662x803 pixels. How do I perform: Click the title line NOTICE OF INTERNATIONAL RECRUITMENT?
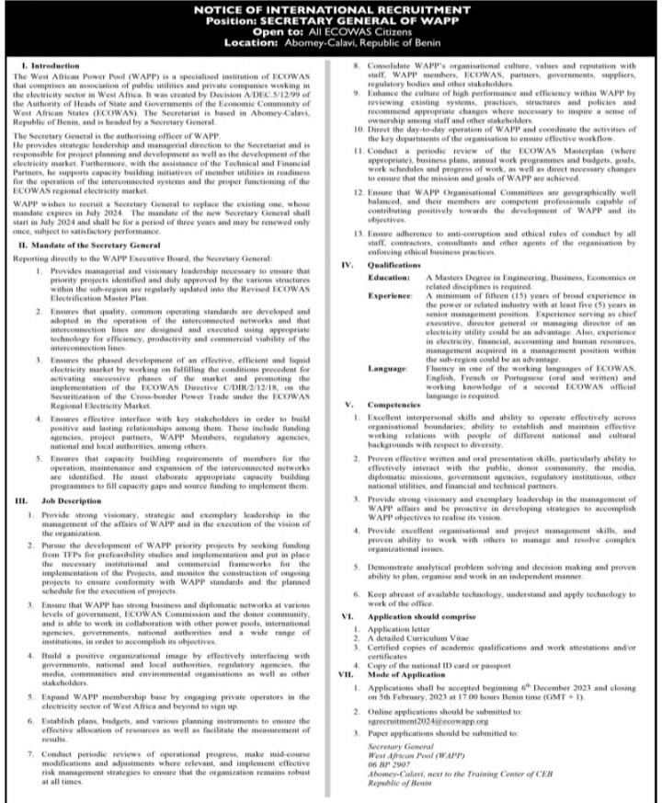click(330, 9)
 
